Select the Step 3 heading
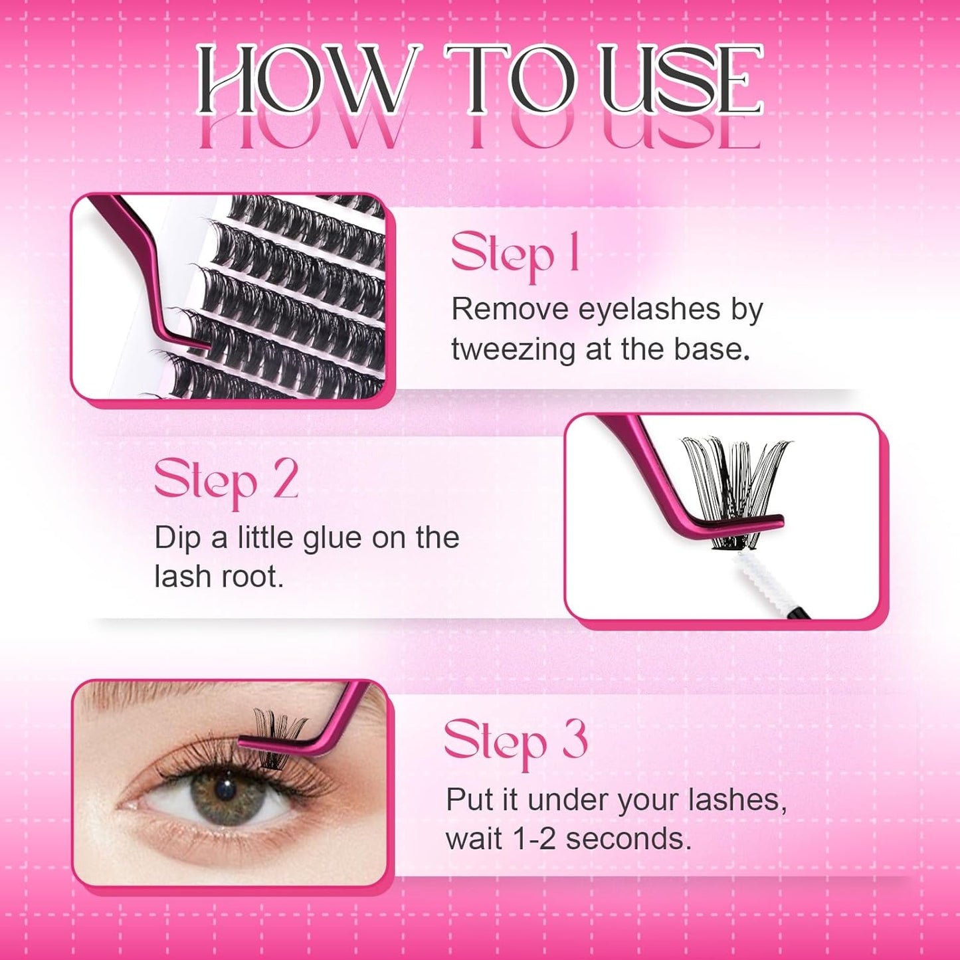tap(516, 741)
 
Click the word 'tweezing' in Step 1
tap(513, 350)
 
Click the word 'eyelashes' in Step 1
tap(649, 310)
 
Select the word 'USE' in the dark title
tap(681, 80)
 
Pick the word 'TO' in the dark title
tap(510, 80)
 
